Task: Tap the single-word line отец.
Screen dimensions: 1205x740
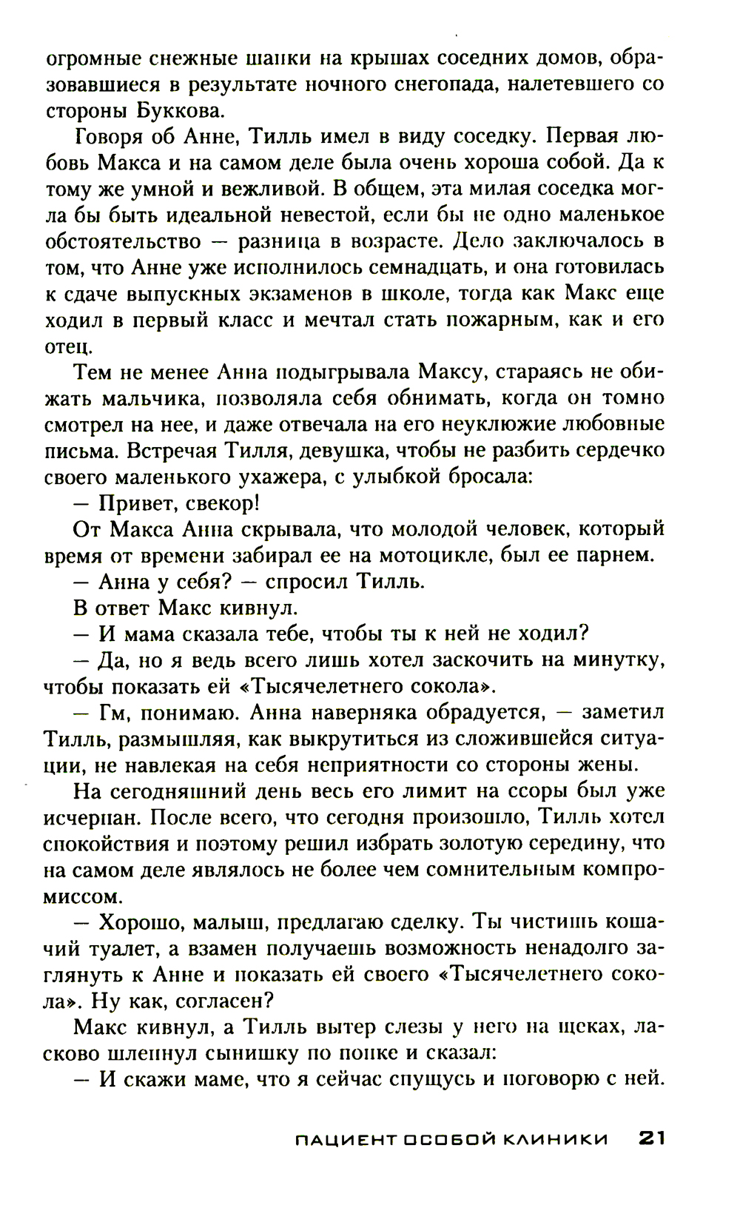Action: tap(69, 346)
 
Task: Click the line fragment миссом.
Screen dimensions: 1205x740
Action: tap(81, 896)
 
